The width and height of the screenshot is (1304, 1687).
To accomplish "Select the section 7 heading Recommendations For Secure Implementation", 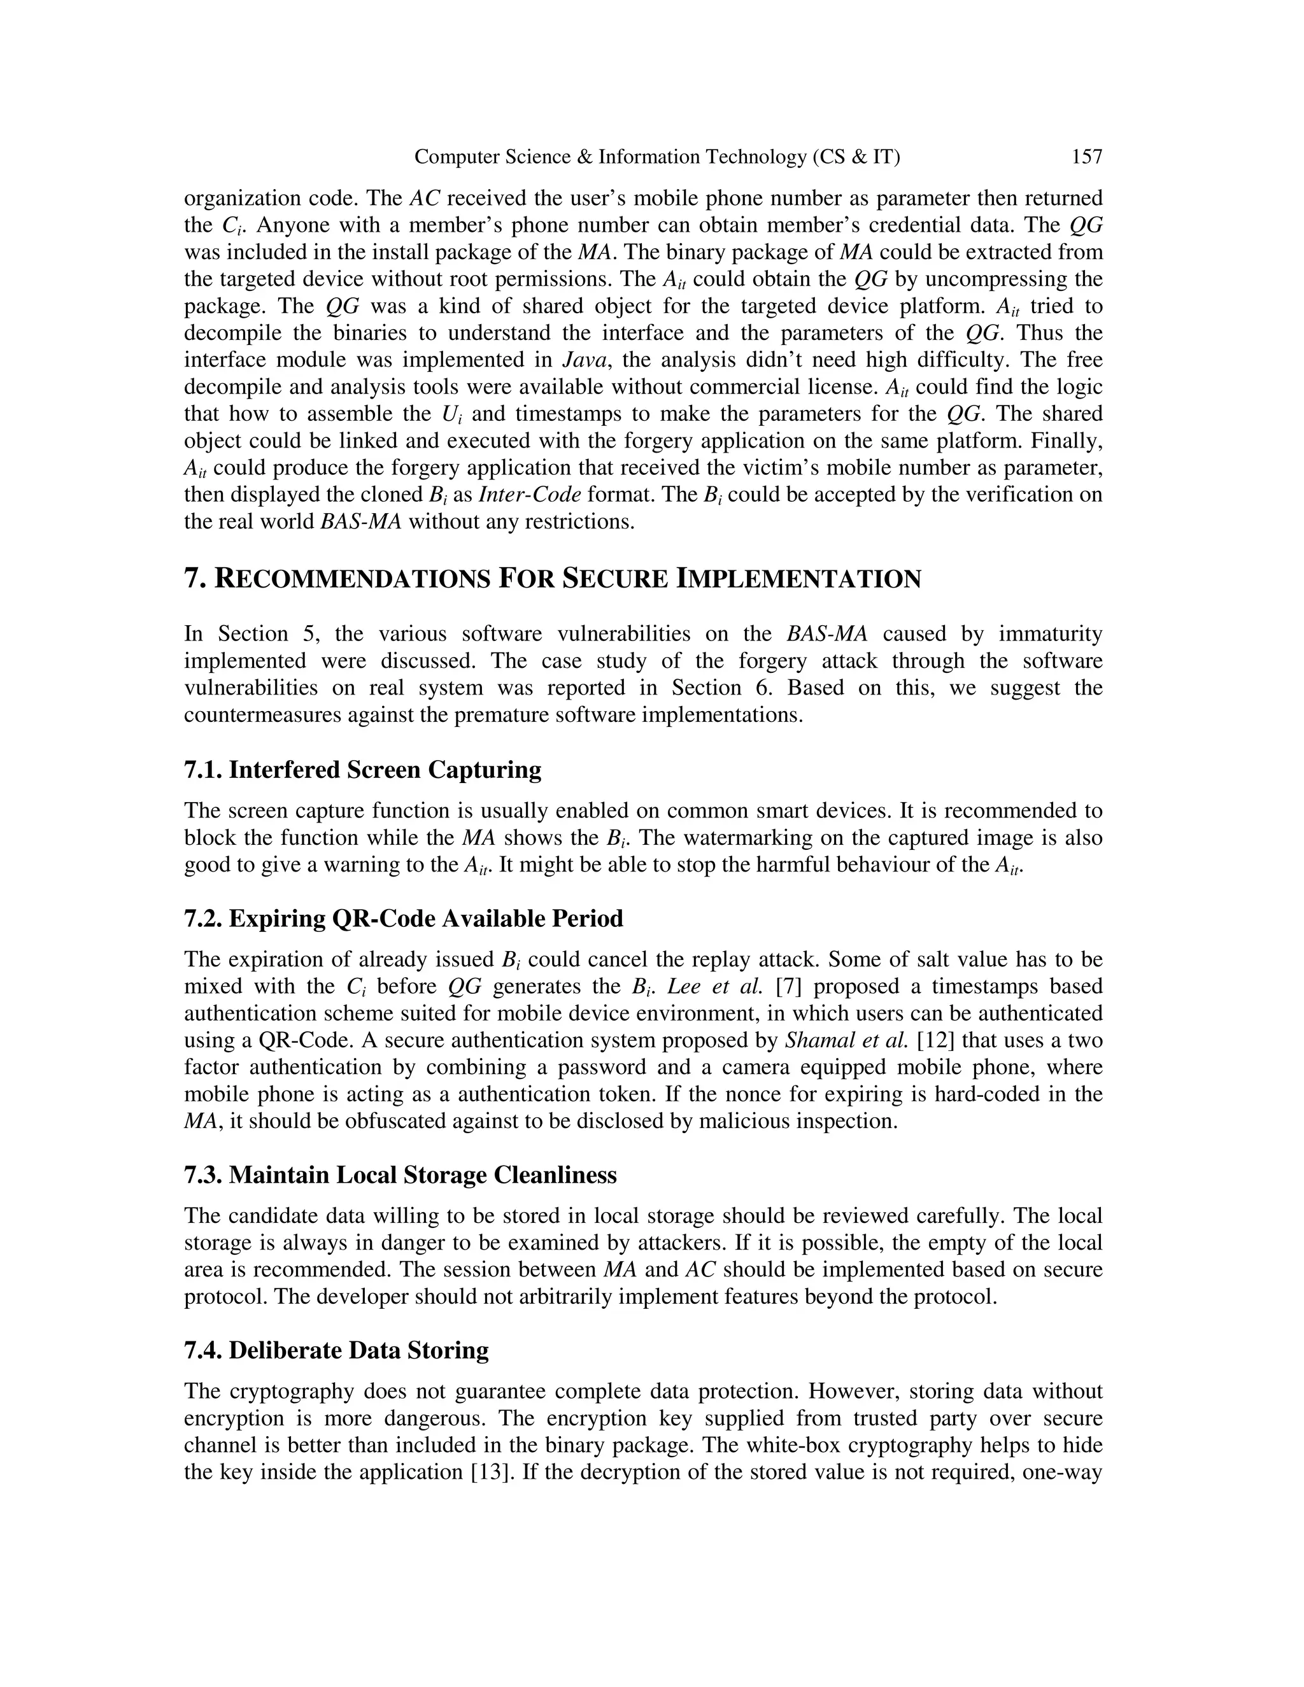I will coord(552,579).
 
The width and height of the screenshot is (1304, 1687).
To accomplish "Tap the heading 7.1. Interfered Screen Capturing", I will coord(362,770).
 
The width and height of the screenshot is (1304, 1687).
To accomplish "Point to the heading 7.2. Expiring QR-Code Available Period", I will coord(403,919).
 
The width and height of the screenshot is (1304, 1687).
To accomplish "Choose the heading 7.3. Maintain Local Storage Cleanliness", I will coord(400,1175).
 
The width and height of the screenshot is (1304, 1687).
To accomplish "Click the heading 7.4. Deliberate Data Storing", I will coord(336,1350).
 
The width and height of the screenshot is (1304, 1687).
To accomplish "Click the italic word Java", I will coord(583,360).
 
